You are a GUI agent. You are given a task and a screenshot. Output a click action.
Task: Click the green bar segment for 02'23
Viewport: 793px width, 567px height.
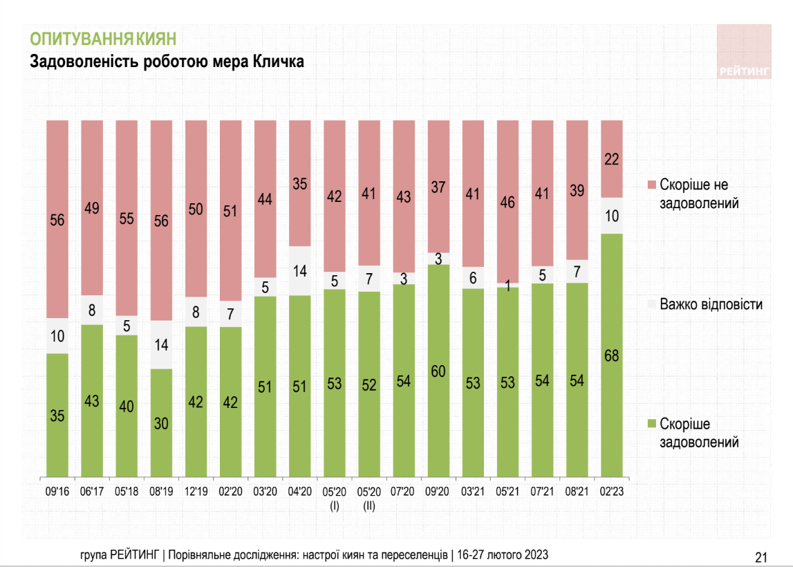click(x=612, y=356)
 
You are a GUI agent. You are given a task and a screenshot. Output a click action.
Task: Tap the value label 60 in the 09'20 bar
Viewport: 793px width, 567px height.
click(x=439, y=371)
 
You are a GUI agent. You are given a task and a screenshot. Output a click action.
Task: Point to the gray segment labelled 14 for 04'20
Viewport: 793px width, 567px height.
click(x=300, y=270)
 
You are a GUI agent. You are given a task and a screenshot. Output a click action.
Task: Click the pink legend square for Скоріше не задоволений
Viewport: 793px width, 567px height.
click(x=651, y=185)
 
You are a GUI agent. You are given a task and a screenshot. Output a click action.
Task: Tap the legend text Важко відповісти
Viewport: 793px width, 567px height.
click(x=711, y=304)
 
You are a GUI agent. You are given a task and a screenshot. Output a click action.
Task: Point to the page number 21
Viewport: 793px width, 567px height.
click(x=761, y=557)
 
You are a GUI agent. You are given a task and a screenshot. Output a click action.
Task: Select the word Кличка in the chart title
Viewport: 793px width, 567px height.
click(x=279, y=62)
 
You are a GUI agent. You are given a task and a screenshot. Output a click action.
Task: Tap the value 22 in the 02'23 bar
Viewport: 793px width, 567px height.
click(x=612, y=159)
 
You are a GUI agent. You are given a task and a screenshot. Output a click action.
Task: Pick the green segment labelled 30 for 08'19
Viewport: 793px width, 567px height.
click(x=162, y=423)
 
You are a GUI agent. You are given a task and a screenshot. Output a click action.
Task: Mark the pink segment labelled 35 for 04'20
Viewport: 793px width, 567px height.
click(x=300, y=183)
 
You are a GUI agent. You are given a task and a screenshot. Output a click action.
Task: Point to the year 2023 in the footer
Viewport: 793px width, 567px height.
click(x=537, y=555)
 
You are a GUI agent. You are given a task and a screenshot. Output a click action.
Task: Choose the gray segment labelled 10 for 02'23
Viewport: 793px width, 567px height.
click(x=612, y=215)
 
